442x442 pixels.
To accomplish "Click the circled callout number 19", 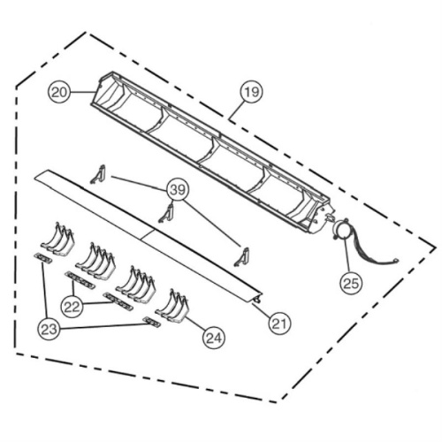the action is tap(252, 92).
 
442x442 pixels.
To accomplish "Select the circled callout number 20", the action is tap(59, 93).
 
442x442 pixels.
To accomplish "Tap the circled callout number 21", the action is tap(279, 324).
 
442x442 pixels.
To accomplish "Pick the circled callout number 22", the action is tap(72, 307).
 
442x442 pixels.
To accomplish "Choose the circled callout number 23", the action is tap(49, 329).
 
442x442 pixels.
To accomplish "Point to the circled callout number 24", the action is tap(214, 338).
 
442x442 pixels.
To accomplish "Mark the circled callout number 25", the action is tap(351, 284).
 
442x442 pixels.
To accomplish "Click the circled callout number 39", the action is tap(178, 190).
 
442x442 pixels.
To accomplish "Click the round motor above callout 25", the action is tap(340, 229).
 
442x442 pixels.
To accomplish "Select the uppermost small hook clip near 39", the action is tap(99, 175).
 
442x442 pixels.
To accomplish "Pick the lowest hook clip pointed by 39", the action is tap(242, 257).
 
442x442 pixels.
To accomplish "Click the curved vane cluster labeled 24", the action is tap(171, 307).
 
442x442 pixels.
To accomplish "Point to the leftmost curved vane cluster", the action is tap(57, 239).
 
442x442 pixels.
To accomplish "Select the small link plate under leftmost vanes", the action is tap(43, 257).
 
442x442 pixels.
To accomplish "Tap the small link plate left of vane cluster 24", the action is tap(151, 322).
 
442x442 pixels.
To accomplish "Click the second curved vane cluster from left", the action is tap(95, 261).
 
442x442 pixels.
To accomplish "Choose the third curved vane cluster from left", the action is tap(135, 284).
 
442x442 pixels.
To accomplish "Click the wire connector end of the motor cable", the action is tap(395, 260).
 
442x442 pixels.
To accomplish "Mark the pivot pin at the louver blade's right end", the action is tap(258, 300).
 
